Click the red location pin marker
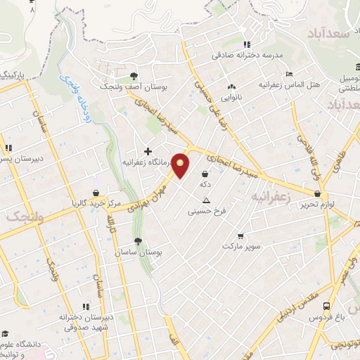point(181,165)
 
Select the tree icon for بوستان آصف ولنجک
point(134,75)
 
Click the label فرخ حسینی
point(206,210)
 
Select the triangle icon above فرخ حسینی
point(206,200)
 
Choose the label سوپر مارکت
point(241,246)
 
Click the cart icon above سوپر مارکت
point(241,236)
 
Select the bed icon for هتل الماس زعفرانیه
point(290,75)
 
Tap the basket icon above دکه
point(205,174)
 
